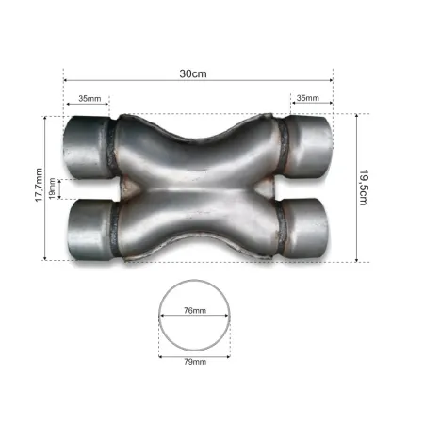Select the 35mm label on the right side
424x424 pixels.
coord(308,98)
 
